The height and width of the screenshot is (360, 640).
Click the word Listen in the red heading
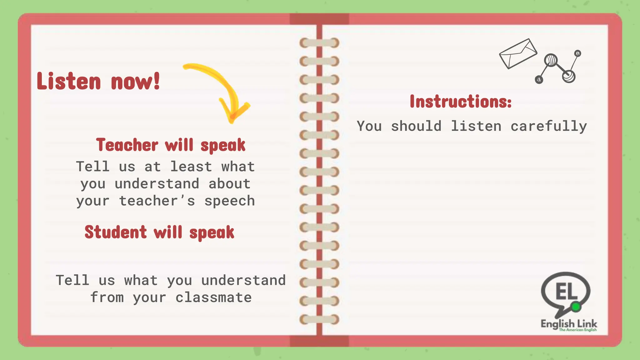coord(69,81)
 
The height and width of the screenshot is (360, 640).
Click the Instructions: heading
coord(461,102)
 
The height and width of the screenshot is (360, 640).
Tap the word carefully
coord(549,127)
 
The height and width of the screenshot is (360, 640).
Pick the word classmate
coord(213,297)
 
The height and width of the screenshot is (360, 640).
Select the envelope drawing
coord(518,53)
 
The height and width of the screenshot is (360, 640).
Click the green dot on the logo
coord(576,307)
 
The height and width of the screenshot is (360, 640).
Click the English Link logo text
coord(569,324)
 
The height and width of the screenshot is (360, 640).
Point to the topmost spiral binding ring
coord(319,43)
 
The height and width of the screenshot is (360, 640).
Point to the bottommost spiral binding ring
coord(319,319)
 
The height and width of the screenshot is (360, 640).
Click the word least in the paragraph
coord(191,167)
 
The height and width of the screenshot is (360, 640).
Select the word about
coord(229,184)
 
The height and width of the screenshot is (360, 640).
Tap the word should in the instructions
coord(416,127)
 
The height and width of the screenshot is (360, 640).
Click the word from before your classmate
coord(107,297)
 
